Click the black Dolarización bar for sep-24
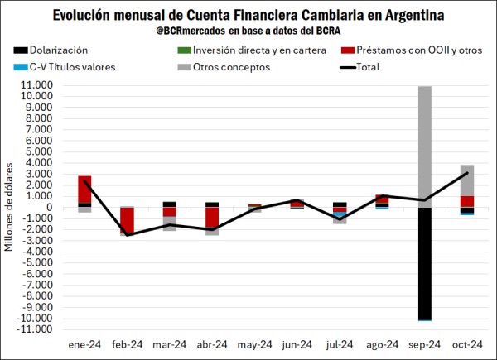[x=424, y=262]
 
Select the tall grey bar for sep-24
[x=424, y=146]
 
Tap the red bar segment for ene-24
[x=84, y=190]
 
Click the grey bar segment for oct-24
[x=466, y=180]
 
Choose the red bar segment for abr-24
[x=212, y=217]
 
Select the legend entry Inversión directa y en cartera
[x=253, y=51]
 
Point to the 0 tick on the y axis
[x=51, y=207]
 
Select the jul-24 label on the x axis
[x=339, y=344]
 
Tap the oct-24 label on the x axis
[x=466, y=344]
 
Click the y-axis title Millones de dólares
[x=10, y=208]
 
